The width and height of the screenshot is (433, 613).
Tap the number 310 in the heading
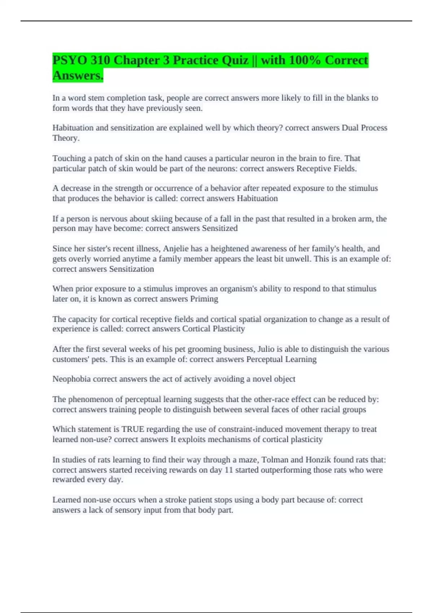pos(100,60)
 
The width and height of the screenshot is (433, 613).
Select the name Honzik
pos(319,460)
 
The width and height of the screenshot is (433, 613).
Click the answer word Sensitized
pos(219,228)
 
